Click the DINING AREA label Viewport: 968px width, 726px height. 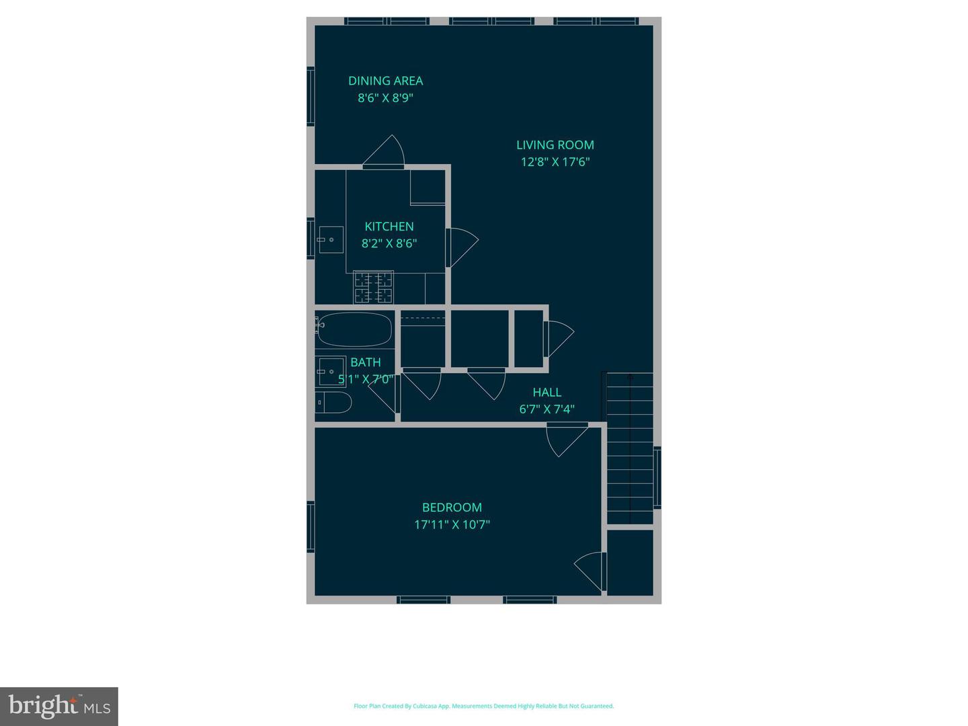pyautogui.click(x=385, y=81)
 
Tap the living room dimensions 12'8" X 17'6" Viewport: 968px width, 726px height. pyautogui.click(x=555, y=162)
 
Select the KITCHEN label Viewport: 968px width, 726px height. pyautogui.click(x=389, y=227)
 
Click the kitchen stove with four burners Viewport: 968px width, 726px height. pyautogui.click(x=374, y=287)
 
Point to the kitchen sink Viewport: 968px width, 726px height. pyautogui.click(x=330, y=240)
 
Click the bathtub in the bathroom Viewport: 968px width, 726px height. pyautogui.click(x=354, y=329)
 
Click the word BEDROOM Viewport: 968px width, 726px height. pyautogui.click(x=452, y=508)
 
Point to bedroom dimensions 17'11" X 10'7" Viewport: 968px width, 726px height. pyautogui.click(x=452, y=525)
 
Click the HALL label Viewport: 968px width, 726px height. pyautogui.click(x=547, y=392)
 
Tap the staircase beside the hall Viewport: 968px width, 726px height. pyautogui.click(x=630, y=448)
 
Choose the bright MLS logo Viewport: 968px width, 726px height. pyautogui.click(x=59, y=706)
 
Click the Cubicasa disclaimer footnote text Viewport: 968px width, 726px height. pyautogui.click(x=483, y=707)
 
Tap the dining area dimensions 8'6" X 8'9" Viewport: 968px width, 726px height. pyautogui.click(x=385, y=98)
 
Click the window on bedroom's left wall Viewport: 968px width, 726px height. pyautogui.click(x=311, y=527)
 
